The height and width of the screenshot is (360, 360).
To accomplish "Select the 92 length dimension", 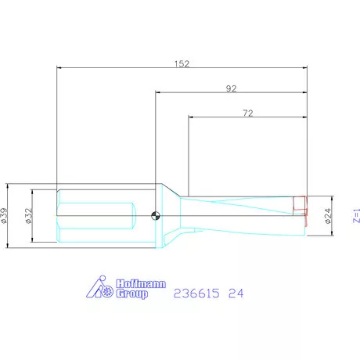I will pos(231,88).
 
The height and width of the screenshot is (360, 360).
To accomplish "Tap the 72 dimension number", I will pos(247,114).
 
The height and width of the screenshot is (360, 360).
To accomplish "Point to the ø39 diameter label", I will pos(5,216).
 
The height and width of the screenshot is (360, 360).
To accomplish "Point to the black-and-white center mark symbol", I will pos(155,216).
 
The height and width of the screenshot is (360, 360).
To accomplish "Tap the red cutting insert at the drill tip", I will pos(299,205).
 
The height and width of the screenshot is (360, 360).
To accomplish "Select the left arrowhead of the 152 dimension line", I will pos(59,67).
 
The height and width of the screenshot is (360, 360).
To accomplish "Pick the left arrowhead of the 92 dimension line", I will pos(157,94).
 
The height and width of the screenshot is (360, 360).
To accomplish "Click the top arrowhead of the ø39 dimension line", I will pos(8,186).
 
